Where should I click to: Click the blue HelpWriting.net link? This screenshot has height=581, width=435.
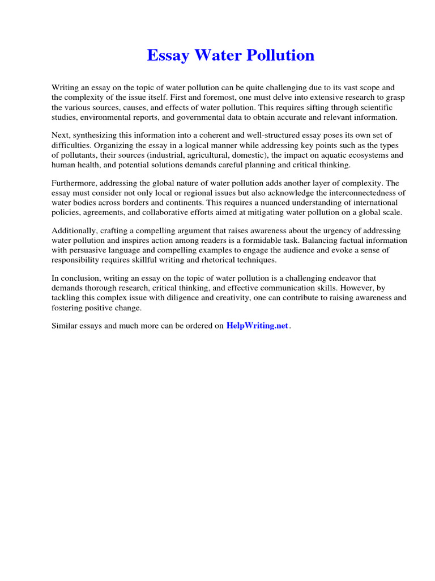point(257,326)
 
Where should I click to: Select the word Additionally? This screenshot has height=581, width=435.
point(75,230)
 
